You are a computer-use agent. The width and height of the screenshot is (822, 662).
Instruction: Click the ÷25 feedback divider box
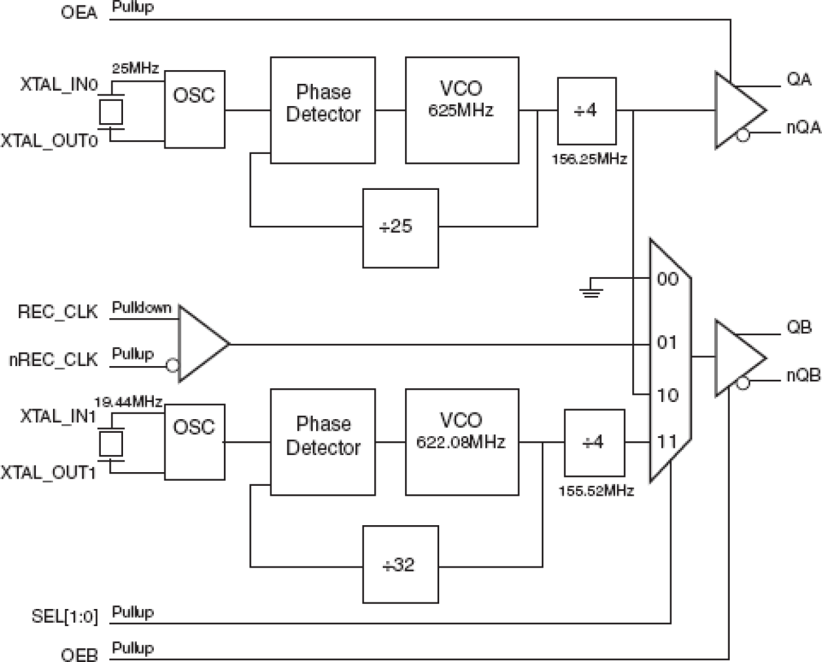pos(401,228)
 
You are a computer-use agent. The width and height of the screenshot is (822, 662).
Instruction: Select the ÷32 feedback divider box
pos(401,564)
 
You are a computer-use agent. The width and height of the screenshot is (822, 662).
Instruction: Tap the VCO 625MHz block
pos(461,110)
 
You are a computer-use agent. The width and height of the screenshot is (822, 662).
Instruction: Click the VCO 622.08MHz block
pos(461,442)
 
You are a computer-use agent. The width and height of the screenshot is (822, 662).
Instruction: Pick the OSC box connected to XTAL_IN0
pos(194,109)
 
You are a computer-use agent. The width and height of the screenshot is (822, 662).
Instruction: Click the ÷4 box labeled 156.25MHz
pos(586,111)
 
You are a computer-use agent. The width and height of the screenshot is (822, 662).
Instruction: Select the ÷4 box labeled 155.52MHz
pos(594,443)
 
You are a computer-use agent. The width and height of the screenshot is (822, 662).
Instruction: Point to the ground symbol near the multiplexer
pos(591,289)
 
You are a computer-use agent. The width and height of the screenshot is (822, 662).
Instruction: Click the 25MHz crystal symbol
pos(110,111)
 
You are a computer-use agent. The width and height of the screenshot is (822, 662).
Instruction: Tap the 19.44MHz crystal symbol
pos(110,444)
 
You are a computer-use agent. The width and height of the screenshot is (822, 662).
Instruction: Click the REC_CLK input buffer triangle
pos(200,343)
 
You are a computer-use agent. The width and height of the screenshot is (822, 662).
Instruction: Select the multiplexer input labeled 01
pos(667,342)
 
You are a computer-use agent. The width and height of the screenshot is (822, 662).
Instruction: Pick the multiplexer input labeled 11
pos(667,442)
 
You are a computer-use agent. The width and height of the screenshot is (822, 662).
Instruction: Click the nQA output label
pos(803,128)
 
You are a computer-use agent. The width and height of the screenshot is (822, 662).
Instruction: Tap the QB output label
pos(799,327)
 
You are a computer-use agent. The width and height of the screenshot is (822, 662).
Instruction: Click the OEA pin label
pos(79,12)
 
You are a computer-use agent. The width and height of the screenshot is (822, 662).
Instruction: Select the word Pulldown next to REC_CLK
pos(141,308)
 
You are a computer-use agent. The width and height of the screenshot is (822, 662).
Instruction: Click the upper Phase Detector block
pos(323,110)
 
